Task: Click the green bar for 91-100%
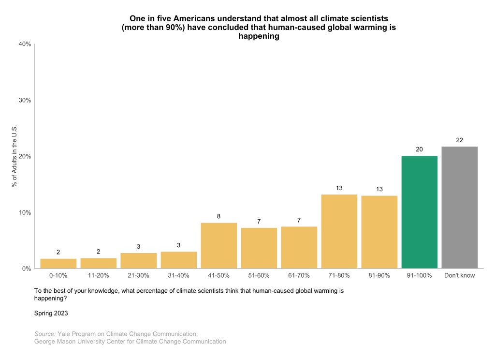tap(419, 212)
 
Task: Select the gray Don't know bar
tap(459, 207)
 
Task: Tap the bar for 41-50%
tap(218, 245)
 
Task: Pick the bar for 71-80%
tap(339, 231)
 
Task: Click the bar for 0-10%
tap(58, 263)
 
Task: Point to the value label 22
tap(459, 140)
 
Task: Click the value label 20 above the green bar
tap(419, 149)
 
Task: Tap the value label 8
tap(218, 216)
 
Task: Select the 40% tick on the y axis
tap(25, 44)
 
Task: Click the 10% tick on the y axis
tap(25, 212)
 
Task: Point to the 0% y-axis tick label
tap(26, 269)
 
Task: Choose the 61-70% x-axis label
tap(299, 275)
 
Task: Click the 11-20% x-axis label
tap(98, 275)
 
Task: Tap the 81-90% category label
tap(379, 275)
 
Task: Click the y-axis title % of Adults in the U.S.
tap(15, 156)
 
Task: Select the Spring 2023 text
tap(51, 313)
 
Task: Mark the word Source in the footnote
tap(44, 334)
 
